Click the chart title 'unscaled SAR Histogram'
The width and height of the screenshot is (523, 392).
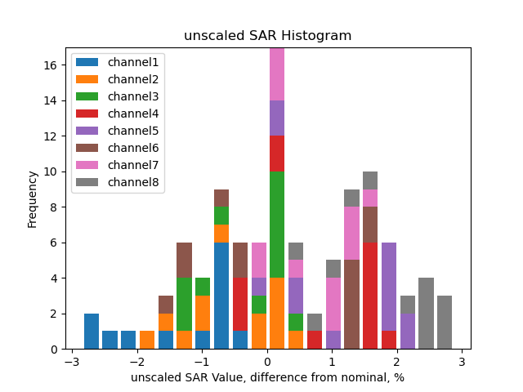tap(267, 36)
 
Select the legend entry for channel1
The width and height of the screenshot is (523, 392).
tap(118, 62)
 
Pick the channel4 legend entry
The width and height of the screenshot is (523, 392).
tap(118, 114)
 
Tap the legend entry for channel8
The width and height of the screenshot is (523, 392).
tap(118, 182)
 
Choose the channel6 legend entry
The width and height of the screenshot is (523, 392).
tap(118, 148)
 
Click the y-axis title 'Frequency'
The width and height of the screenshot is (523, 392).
tap(33, 198)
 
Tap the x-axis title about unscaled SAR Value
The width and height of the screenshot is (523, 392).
tap(267, 377)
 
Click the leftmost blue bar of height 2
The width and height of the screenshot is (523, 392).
tap(92, 331)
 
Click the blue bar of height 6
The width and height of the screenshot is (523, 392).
tap(221, 296)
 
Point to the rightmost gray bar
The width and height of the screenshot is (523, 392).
tap(445, 322)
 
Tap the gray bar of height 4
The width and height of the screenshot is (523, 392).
tap(426, 313)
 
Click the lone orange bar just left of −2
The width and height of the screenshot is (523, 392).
tap(147, 340)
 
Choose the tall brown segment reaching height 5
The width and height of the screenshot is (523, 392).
tap(351, 304)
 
